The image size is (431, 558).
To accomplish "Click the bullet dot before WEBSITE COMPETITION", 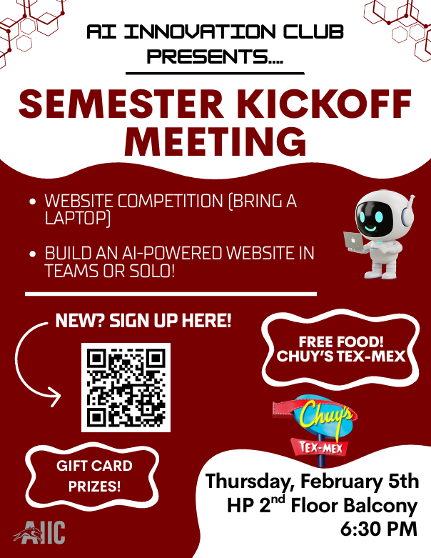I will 33,202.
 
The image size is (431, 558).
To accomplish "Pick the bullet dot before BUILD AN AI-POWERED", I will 33,254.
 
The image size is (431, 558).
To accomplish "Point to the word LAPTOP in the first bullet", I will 77,219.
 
